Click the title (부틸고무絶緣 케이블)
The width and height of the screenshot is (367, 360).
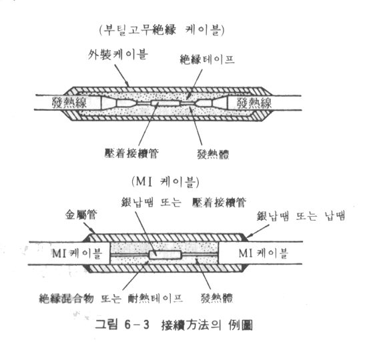point(161,30)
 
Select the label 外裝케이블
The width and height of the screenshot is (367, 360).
point(118,55)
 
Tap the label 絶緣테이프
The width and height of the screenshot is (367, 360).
point(207,59)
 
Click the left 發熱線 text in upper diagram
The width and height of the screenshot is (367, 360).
point(69,103)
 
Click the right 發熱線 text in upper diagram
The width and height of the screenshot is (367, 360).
point(254,103)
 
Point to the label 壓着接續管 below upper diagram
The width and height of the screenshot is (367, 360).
point(131,153)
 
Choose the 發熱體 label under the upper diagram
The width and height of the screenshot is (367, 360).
point(213,155)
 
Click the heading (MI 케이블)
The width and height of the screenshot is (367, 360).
point(165,182)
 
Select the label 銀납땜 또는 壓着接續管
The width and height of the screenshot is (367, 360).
point(183,203)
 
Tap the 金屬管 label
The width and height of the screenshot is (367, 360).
point(81,215)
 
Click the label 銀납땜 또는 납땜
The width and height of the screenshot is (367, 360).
point(301,216)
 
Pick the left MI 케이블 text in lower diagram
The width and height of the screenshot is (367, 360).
point(77,253)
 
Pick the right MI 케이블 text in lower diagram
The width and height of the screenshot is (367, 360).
point(264,253)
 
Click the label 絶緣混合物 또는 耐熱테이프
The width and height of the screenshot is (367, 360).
point(111,299)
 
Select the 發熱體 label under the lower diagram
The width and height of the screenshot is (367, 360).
point(217,298)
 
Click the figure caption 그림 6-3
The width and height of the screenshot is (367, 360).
point(122,325)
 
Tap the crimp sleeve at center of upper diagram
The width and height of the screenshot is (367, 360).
point(165,103)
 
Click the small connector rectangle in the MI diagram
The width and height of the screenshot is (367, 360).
point(165,255)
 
